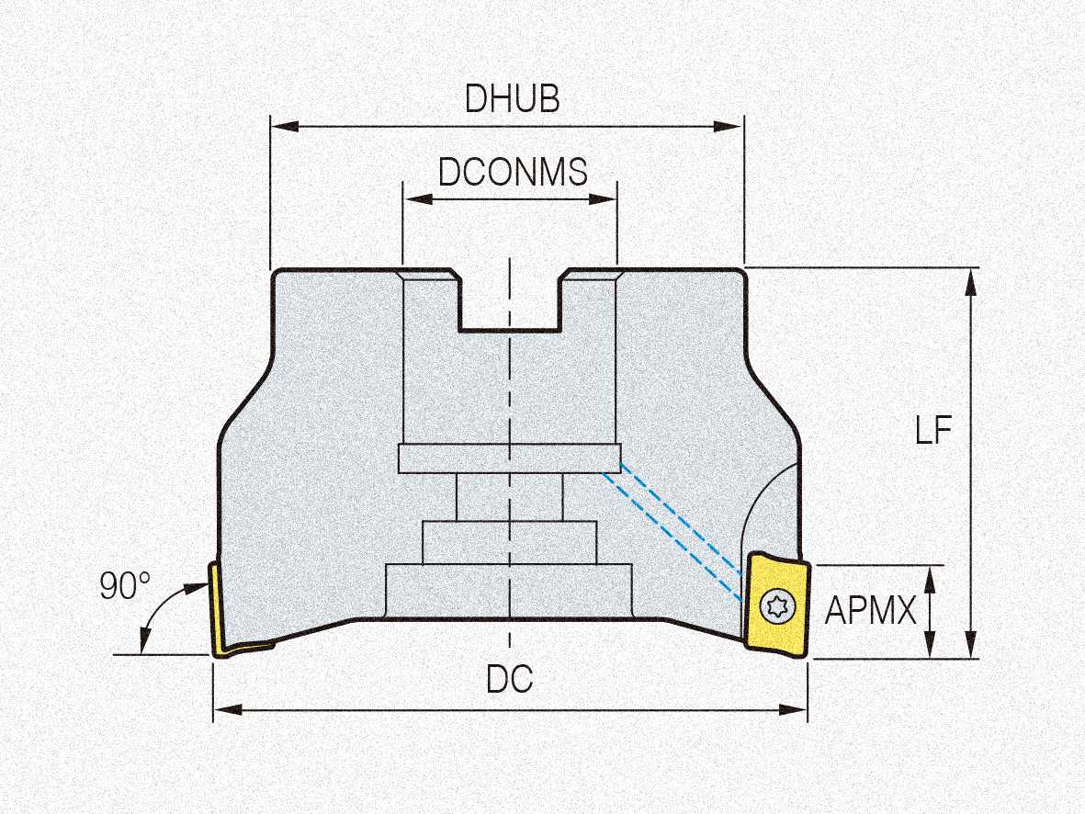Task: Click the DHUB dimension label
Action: tap(512, 97)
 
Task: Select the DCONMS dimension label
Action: tap(512, 171)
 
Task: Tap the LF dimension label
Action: tap(933, 430)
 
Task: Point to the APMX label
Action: tap(870, 610)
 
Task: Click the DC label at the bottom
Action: tap(510, 680)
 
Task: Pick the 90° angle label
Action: tap(124, 586)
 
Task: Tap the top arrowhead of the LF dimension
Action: tap(970, 277)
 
